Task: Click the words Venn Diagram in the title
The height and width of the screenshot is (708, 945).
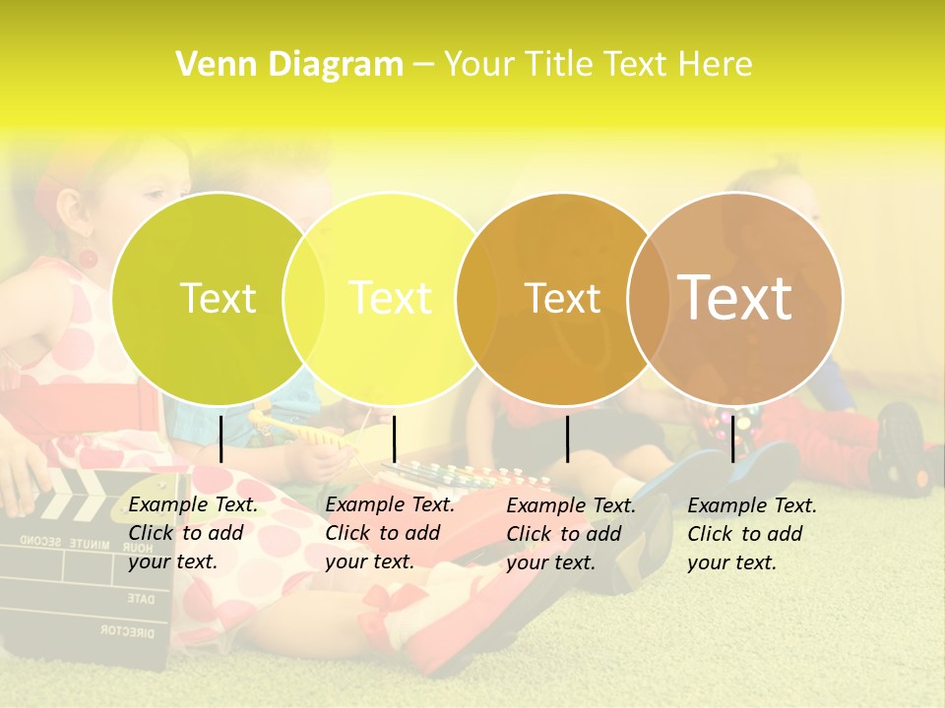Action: [x=288, y=65]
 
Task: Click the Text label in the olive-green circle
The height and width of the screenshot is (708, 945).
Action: [x=218, y=298]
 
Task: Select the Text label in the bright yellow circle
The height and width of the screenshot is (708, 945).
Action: [x=391, y=298]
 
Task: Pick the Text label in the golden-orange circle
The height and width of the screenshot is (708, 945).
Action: [x=563, y=298]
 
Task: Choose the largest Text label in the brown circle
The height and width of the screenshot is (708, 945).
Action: [x=735, y=297]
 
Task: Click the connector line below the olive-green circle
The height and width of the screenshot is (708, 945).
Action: [x=221, y=439]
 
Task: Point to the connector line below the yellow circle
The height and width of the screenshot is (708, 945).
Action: [x=394, y=439]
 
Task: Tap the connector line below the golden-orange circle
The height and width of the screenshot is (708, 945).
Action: [x=567, y=439]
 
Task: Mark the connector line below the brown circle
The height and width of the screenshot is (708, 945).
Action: [x=732, y=439]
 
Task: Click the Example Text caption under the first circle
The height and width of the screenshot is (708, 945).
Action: [x=193, y=533]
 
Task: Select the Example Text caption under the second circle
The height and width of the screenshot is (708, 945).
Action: [x=390, y=533]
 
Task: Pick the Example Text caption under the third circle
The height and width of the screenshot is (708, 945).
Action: [x=571, y=533]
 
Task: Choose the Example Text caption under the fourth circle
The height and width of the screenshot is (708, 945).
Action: [x=752, y=533]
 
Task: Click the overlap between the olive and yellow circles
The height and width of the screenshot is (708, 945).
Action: [x=304, y=298]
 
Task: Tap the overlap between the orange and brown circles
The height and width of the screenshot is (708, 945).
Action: [x=646, y=298]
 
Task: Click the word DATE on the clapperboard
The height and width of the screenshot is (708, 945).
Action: [x=141, y=598]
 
